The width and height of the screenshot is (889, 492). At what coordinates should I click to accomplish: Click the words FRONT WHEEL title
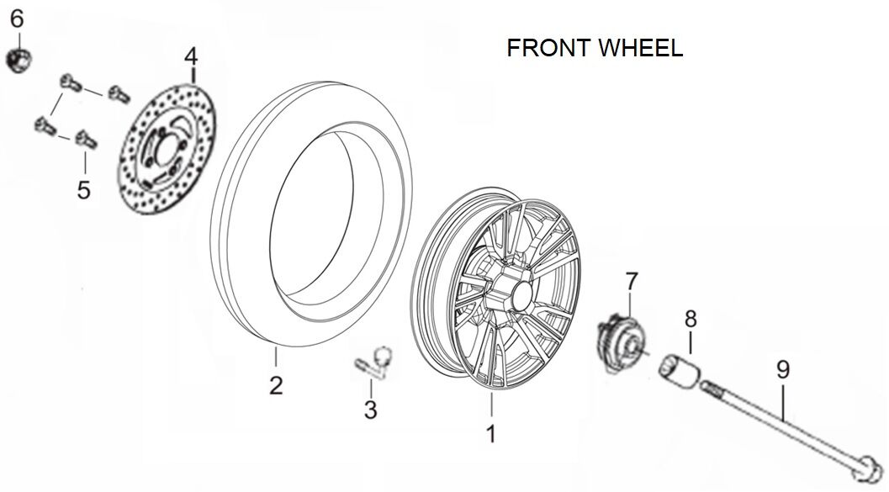pyautogui.click(x=594, y=48)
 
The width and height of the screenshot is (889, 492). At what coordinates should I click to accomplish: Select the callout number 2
pyautogui.click(x=276, y=386)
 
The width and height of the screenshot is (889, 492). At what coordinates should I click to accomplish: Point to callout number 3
pyautogui.click(x=370, y=410)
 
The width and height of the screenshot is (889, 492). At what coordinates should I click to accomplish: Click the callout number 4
pyautogui.click(x=191, y=57)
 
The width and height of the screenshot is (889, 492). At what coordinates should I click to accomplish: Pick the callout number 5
pyautogui.click(x=83, y=189)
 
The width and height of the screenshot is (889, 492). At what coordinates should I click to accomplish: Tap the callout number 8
pyautogui.click(x=691, y=319)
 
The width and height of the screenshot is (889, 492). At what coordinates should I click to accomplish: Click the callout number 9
pyautogui.click(x=782, y=368)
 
